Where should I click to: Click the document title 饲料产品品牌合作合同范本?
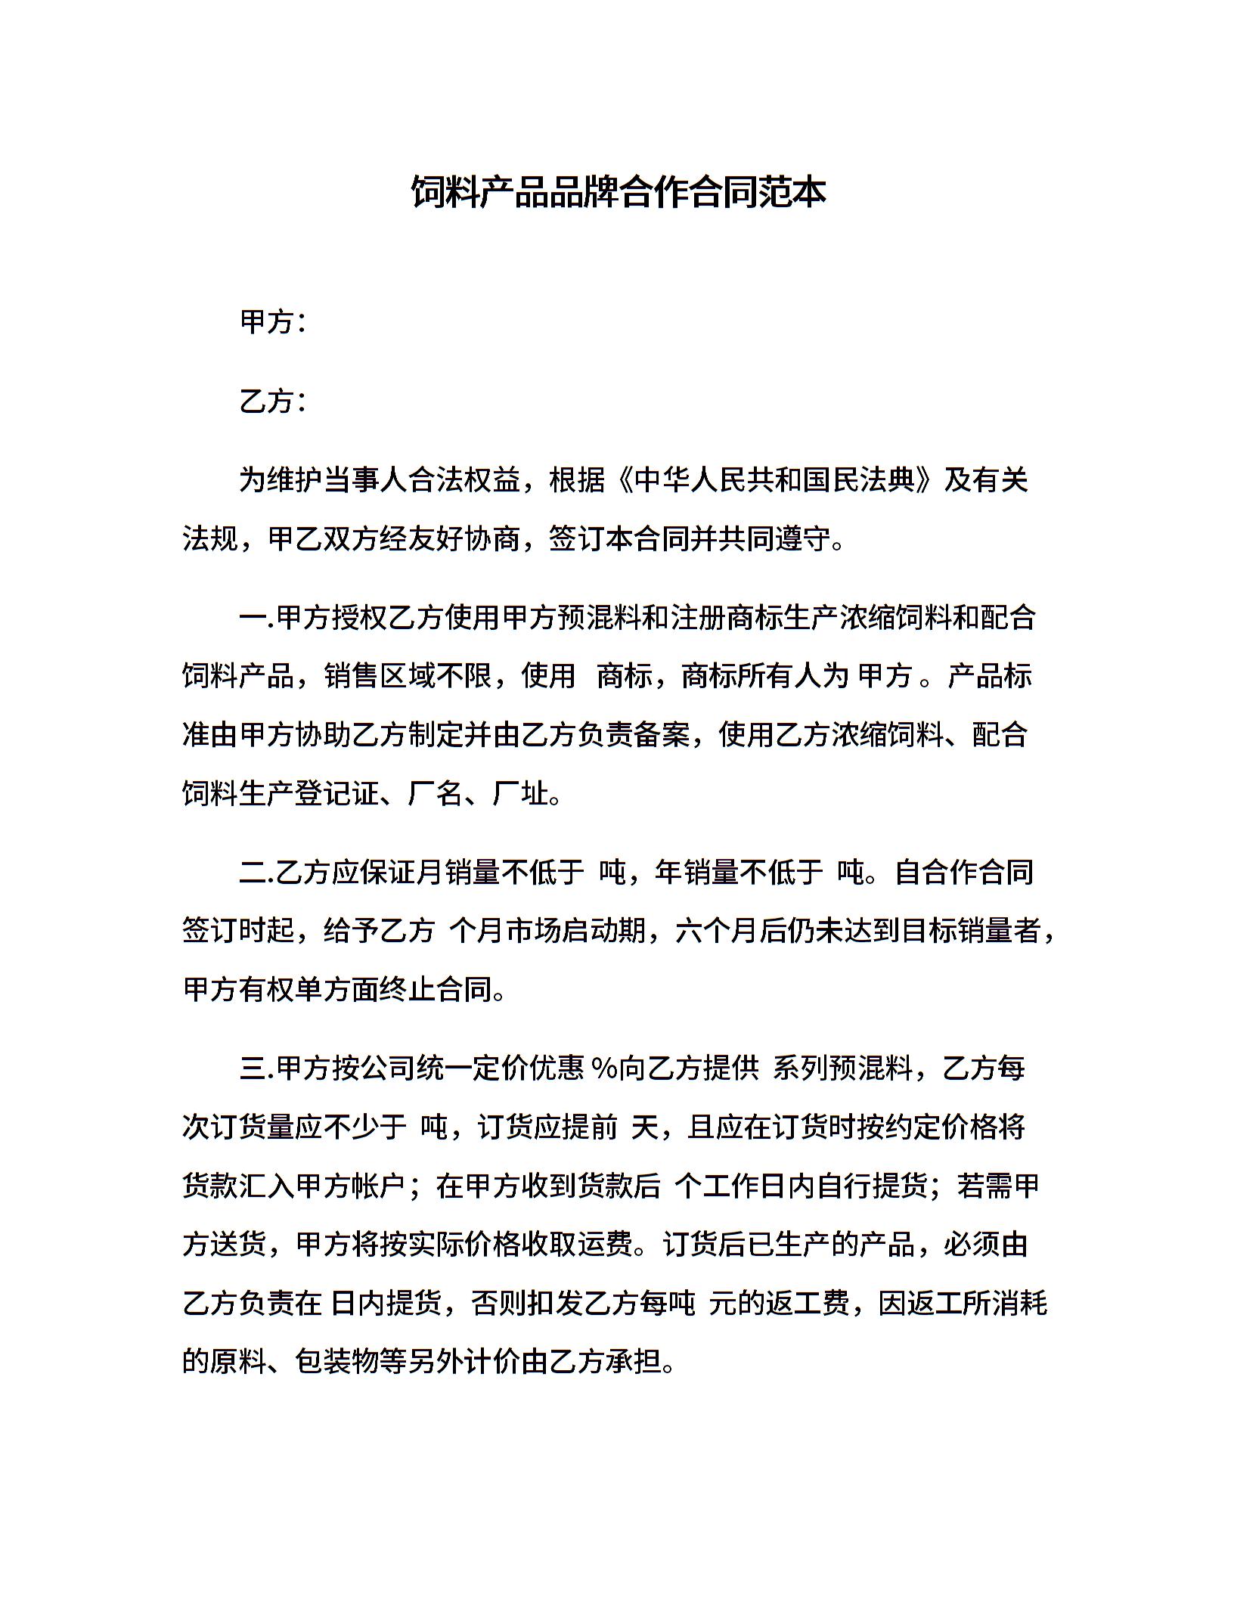(x=618, y=192)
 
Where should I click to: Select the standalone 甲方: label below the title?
(x=273, y=322)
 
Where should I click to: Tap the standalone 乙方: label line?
(x=273, y=401)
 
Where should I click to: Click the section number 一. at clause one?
(x=256, y=618)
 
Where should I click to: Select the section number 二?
(x=256, y=872)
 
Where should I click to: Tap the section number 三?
(x=256, y=1068)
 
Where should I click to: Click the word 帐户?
(x=380, y=1186)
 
